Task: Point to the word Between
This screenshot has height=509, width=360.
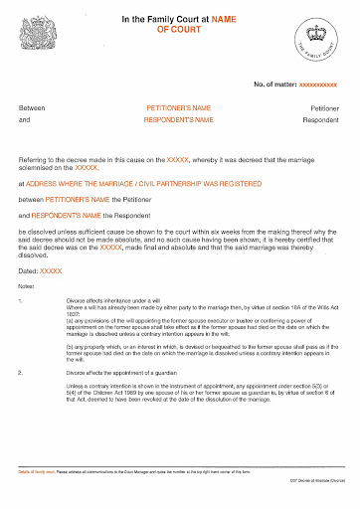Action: coord(33,107)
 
